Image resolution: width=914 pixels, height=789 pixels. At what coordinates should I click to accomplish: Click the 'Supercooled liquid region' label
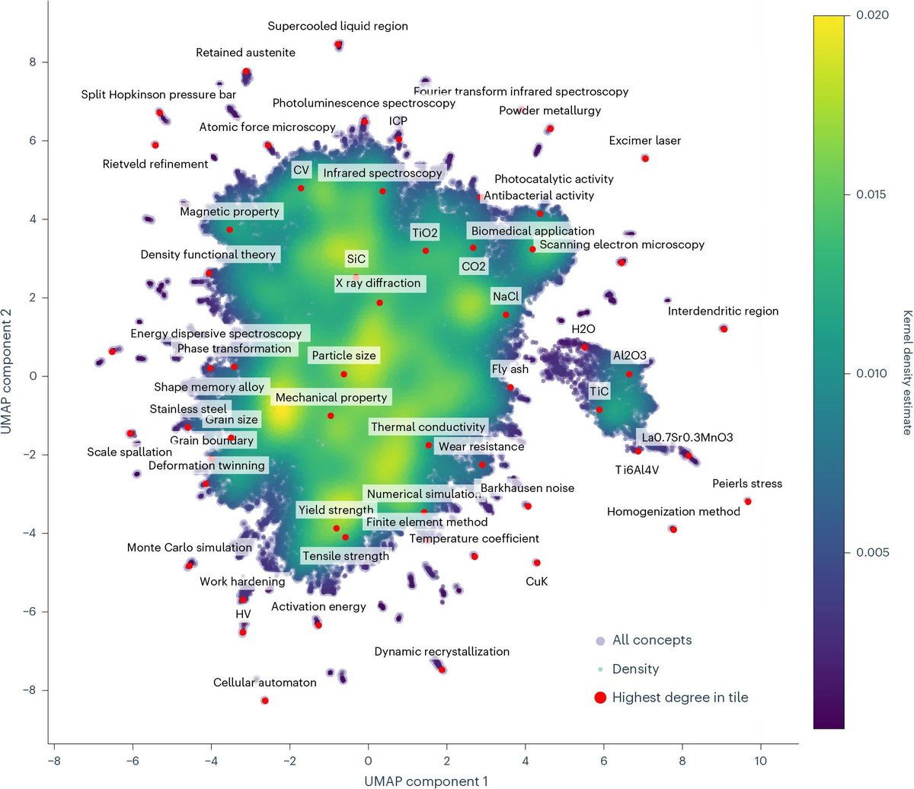pyautogui.click(x=337, y=26)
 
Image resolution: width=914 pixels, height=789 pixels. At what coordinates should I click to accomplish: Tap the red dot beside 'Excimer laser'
pyautogui.click(x=644, y=158)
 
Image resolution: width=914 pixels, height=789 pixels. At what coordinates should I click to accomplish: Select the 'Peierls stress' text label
pyautogui.click(x=746, y=484)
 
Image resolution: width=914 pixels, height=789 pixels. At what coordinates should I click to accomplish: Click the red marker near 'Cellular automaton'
pyautogui.click(x=264, y=700)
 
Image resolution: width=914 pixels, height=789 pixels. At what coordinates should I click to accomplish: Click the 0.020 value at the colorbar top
pyautogui.click(x=871, y=16)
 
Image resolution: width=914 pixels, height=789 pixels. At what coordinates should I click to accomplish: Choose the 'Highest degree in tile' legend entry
pyautogui.click(x=679, y=697)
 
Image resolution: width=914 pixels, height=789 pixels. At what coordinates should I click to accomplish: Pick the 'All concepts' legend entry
pyautogui.click(x=651, y=640)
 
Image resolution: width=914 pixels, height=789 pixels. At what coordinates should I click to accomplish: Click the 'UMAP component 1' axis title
pyautogui.click(x=425, y=781)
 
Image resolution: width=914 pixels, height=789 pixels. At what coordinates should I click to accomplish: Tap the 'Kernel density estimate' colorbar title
pyautogui.click(x=906, y=372)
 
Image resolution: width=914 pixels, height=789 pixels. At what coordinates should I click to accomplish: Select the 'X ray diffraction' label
pyautogui.click(x=378, y=283)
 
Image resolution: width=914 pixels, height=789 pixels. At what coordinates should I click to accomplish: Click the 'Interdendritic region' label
pyautogui.click(x=723, y=311)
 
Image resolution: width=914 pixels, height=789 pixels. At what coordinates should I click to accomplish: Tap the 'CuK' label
pyautogui.click(x=536, y=581)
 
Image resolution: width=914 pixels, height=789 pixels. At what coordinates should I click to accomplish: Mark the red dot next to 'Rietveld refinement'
pyautogui.click(x=155, y=145)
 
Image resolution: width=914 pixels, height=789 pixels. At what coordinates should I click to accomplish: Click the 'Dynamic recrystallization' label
pyautogui.click(x=442, y=651)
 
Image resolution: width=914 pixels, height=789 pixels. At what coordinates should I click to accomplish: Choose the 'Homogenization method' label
pyautogui.click(x=673, y=512)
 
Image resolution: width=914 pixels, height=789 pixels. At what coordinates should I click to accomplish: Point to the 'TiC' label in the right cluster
pyautogui.click(x=599, y=391)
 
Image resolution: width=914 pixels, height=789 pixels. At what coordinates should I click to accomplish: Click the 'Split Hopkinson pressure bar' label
pyautogui.click(x=158, y=95)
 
